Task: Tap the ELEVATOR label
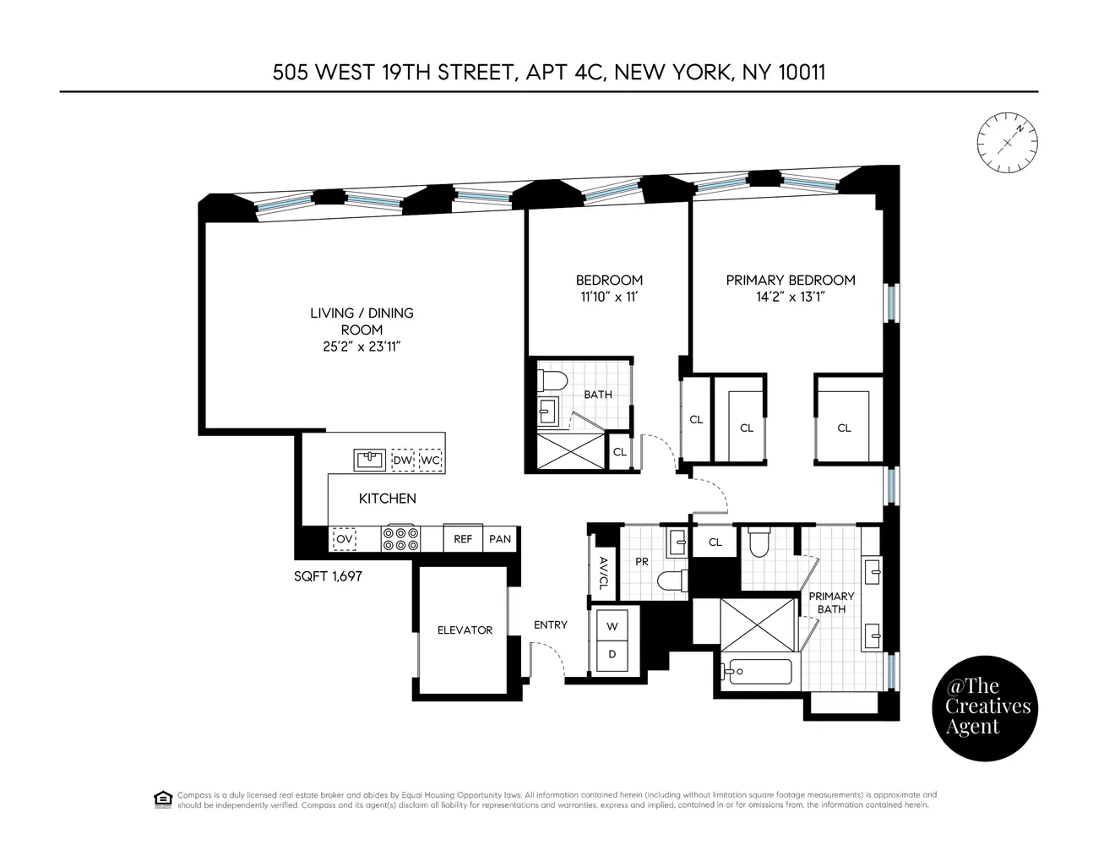tap(465, 630)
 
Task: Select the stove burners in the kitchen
tap(400, 538)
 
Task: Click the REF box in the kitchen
tap(463, 538)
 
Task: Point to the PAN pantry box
tap(500, 538)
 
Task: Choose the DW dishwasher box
tap(403, 461)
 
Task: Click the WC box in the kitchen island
tap(431, 461)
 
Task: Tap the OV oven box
tap(344, 538)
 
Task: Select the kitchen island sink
tap(370, 460)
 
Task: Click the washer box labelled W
tap(612, 626)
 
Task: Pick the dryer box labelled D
tap(612, 655)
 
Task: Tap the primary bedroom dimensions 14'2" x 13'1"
tap(791, 297)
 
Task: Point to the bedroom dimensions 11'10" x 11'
tap(609, 297)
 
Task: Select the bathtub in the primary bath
tap(757, 673)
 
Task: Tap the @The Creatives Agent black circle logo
tap(982, 706)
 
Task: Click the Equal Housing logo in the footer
tap(163, 799)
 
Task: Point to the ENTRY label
tap(551, 625)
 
